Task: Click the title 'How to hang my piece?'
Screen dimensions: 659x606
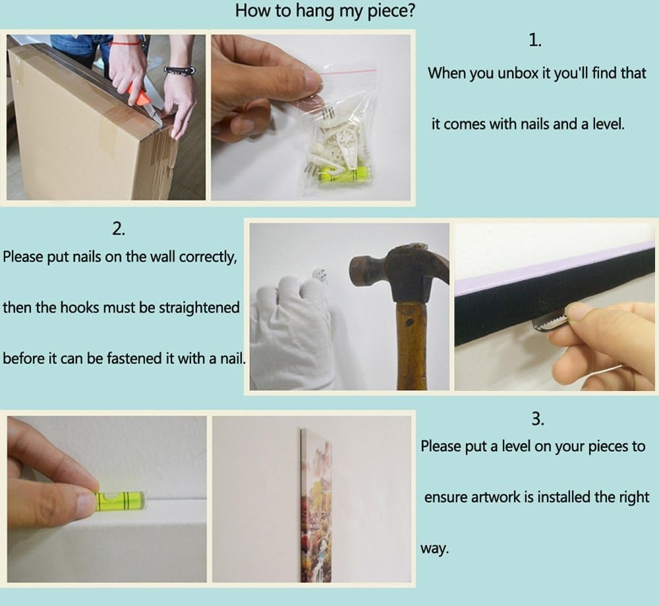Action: coord(324,11)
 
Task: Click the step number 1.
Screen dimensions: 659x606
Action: coord(534,40)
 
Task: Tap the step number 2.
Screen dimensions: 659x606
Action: coord(119,229)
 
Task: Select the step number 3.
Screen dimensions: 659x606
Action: coord(538,419)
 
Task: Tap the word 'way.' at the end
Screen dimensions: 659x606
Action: coord(435,549)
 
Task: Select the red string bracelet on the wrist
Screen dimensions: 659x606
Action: coord(125,42)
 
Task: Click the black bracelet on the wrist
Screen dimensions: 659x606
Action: coord(180,71)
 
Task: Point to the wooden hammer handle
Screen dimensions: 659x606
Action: coord(411,345)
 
